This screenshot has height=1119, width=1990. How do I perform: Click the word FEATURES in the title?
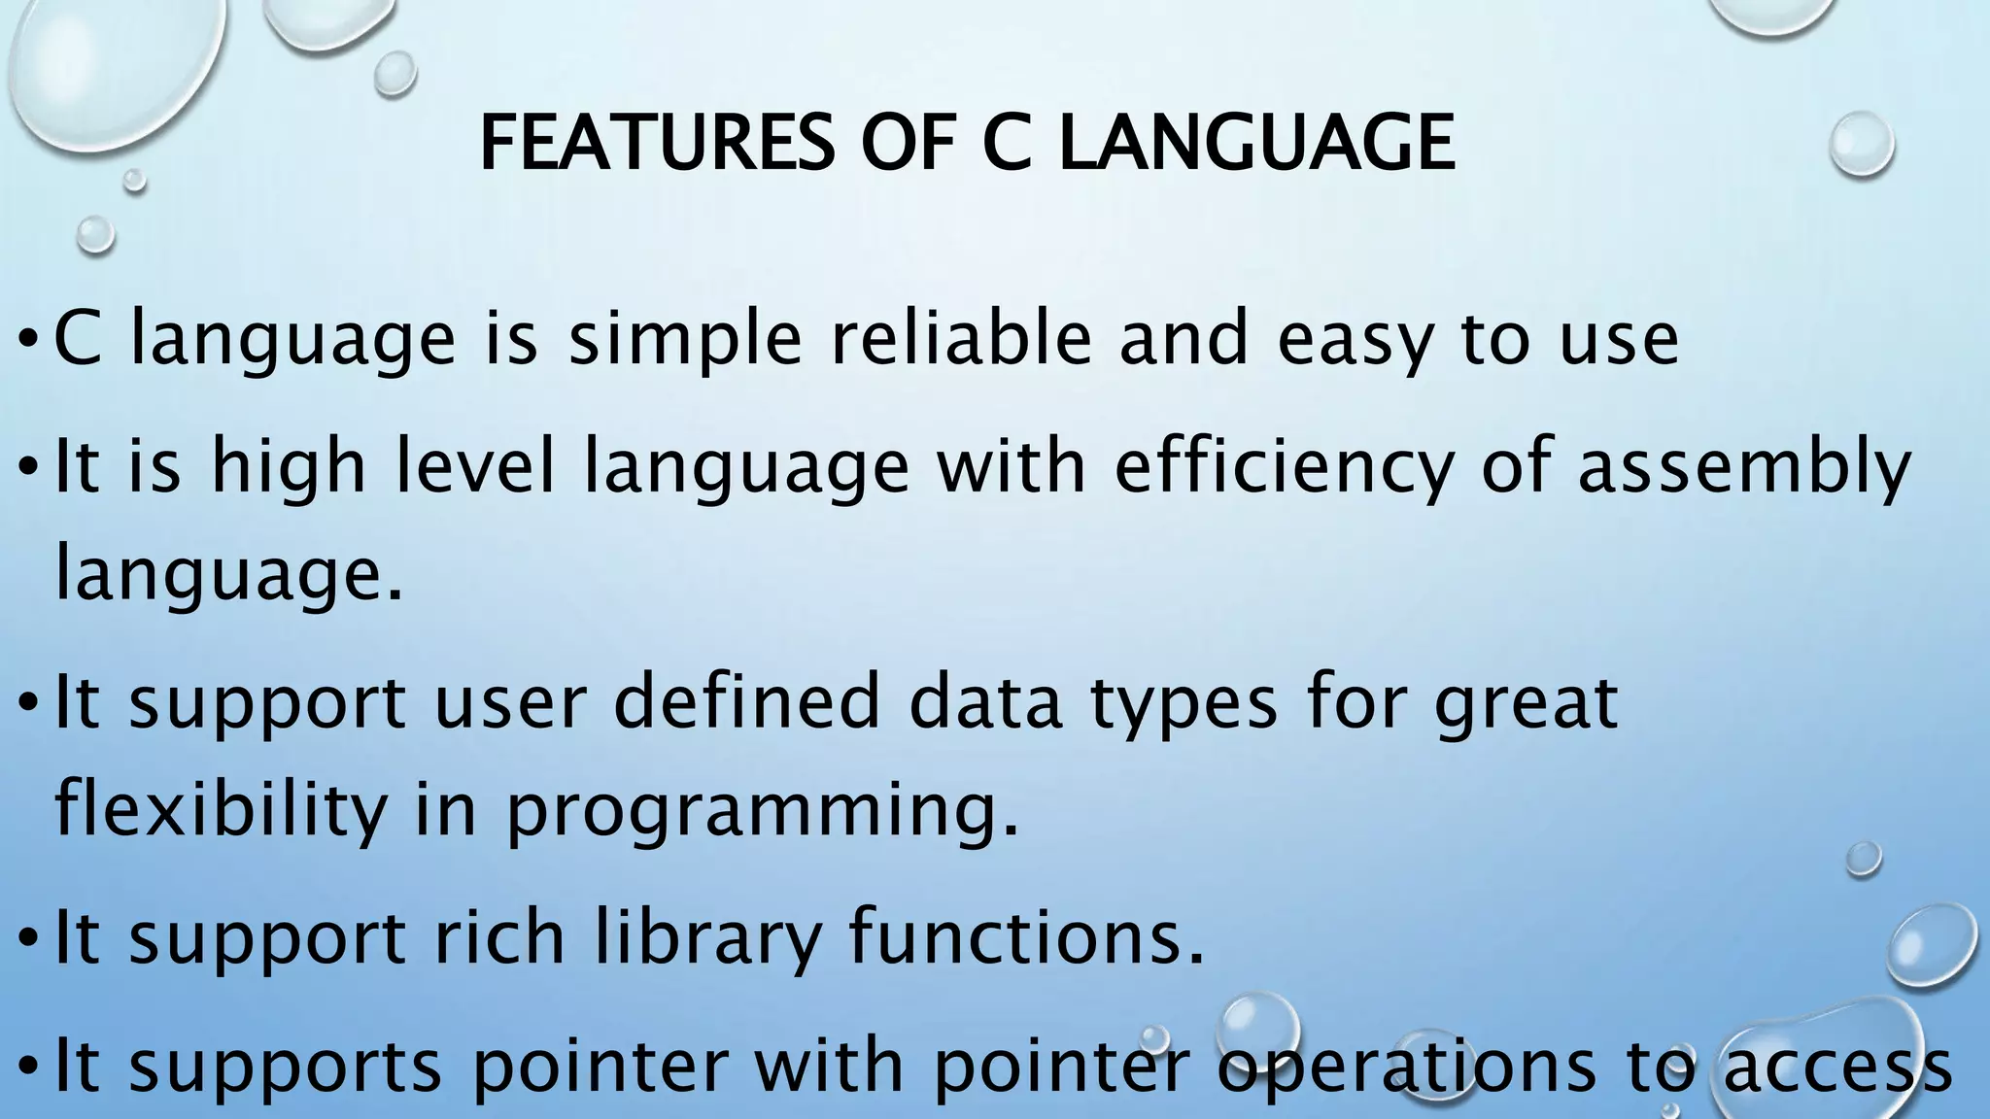[x=657, y=143]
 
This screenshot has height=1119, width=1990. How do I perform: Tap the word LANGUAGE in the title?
[x=1257, y=143]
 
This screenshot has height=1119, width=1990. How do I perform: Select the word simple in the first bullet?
[x=685, y=340]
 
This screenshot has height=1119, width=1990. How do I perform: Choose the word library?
[x=708, y=940]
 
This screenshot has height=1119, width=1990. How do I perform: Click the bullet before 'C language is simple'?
[x=29, y=341]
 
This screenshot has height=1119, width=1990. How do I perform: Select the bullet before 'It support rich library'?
[x=29, y=939]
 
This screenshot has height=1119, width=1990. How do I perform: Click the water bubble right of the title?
[x=1861, y=144]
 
